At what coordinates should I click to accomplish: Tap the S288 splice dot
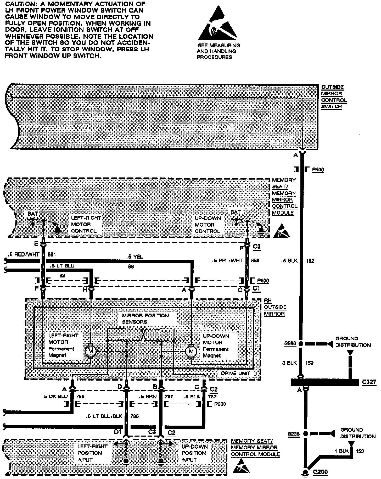tap(301, 344)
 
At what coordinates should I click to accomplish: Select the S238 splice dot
tap(305, 433)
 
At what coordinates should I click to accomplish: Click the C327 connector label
tap(369, 382)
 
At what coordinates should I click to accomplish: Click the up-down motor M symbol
tap(191, 351)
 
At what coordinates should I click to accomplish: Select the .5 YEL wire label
tap(135, 257)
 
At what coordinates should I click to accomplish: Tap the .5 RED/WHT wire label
tap(24, 254)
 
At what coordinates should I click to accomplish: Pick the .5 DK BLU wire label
tap(55, 397)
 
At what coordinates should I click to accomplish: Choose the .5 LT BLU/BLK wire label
tap(104, 416)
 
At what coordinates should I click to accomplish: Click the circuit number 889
tap(255, 260)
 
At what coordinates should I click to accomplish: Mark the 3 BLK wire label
tap(289, 363)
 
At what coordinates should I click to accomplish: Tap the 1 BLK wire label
tap(341, 451)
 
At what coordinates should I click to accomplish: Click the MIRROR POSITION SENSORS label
tap(145, 319)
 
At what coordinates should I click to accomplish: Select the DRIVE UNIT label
tap(235, 373)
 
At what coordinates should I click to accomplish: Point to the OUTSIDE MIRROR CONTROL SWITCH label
tap(334, 97)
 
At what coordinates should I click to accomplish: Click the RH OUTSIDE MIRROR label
tap(275, 307)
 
